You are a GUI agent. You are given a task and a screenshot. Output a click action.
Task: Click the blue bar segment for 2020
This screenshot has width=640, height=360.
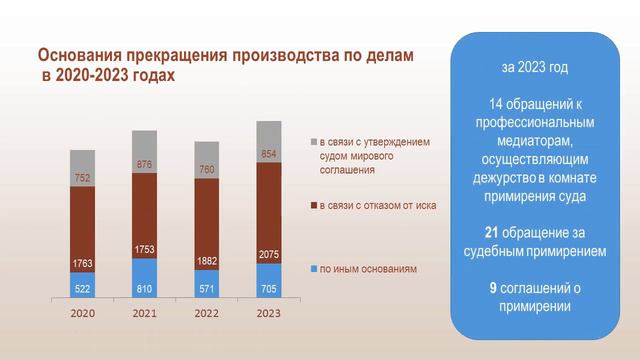pos(82,286)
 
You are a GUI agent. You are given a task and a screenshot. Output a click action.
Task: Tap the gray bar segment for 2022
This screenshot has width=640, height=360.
pos(206,158)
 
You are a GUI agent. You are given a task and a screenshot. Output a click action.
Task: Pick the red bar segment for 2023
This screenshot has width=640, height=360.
pos(269,215)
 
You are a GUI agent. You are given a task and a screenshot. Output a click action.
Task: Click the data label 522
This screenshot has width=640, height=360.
pos(82,288)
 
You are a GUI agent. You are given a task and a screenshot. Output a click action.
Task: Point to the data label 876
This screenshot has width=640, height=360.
pos(145,164)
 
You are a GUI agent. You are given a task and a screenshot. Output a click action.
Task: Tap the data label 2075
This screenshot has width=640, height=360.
pos(269,255)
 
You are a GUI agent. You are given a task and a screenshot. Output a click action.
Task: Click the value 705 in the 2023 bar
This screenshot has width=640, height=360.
pos(269,288)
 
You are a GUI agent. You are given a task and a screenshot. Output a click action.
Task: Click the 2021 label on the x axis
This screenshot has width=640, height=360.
pos(145,313)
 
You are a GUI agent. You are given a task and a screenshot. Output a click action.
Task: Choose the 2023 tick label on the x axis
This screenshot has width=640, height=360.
pos(269,313)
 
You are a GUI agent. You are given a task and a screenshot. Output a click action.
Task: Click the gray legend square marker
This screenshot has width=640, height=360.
pos(313,142)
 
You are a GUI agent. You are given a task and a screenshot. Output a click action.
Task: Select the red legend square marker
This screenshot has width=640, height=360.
pos(313,205)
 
